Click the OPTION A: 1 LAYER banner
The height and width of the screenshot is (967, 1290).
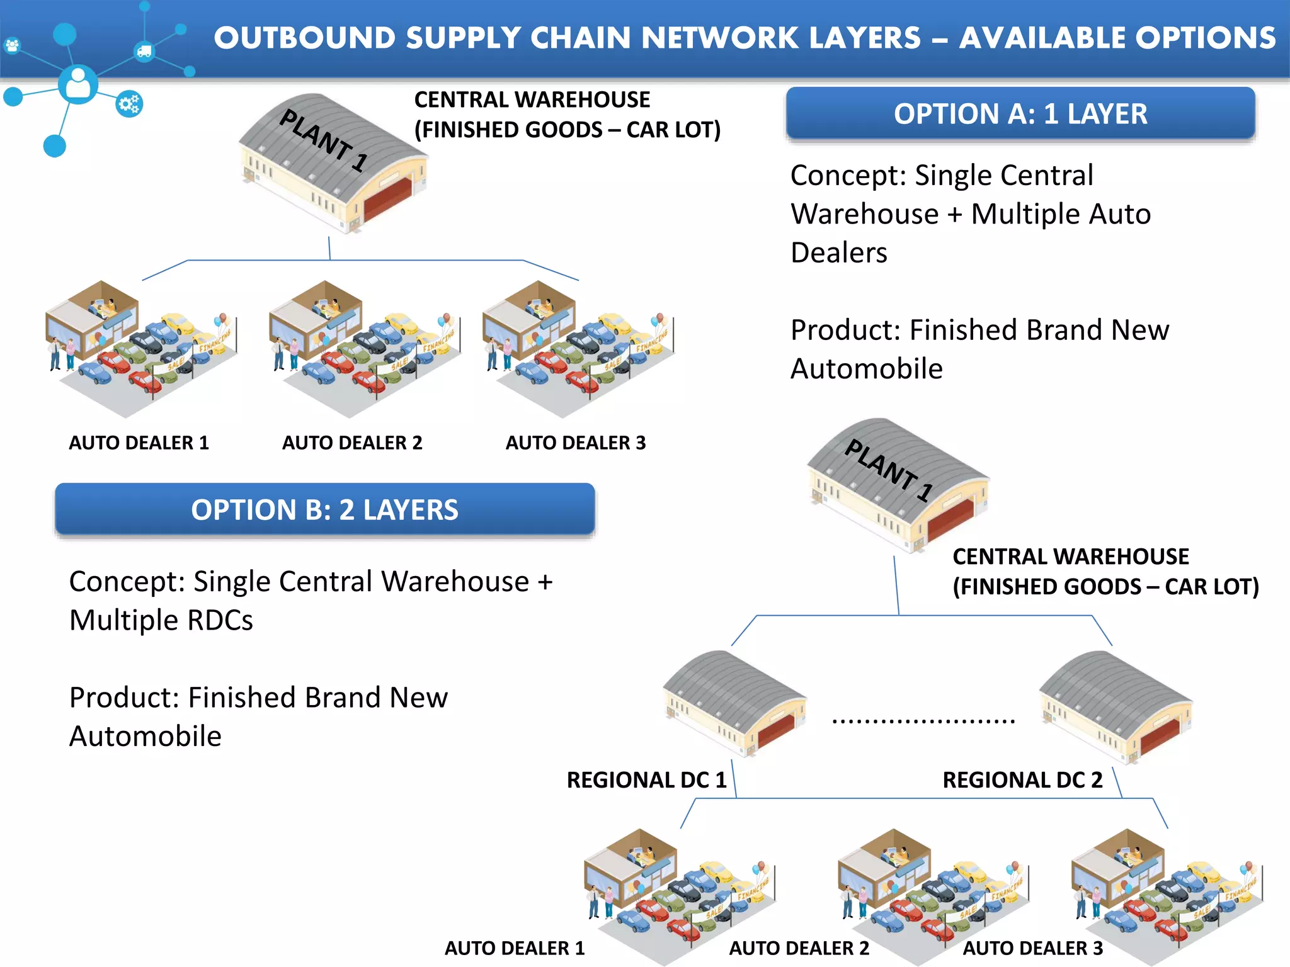[1020, 114]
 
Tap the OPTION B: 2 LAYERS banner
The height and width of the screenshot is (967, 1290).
[324, 509]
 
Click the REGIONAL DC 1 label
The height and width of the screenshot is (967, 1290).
[646, 780]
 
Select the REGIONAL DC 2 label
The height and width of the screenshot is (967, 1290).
[1022, 780]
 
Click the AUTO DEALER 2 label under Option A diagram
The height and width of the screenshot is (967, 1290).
[352, 443]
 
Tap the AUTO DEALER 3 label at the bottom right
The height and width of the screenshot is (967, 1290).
[1033, 948]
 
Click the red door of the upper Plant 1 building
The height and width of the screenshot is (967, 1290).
[385, 198]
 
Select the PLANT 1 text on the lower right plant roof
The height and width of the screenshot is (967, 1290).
[888, 470]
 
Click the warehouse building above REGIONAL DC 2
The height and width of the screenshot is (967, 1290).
[1115, 705]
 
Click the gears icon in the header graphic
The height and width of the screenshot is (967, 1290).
[130, 104]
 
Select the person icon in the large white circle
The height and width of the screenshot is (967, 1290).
[78, 84]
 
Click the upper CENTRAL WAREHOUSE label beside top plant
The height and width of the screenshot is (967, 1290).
[532, 99]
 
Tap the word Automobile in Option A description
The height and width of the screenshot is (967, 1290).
[866, 369]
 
